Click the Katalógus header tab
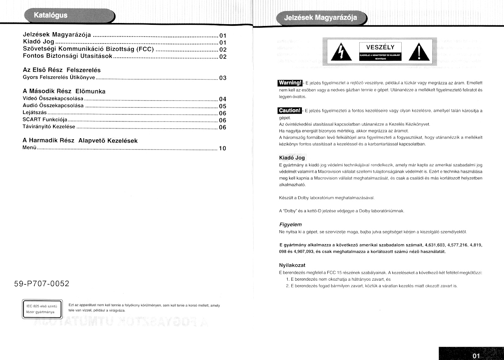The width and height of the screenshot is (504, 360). [51, 15]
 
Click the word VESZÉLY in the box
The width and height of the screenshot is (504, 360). [380, 48]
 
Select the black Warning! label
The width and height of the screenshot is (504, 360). [290, 83]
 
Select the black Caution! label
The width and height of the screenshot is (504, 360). [289, 110]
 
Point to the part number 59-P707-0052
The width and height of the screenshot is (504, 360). [42, 284]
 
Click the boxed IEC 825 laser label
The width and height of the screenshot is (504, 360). [42, 309]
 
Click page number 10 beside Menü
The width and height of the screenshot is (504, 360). [222, 148]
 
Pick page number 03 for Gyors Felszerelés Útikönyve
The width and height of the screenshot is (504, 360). [223, 78]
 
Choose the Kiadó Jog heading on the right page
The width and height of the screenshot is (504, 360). [292, 158]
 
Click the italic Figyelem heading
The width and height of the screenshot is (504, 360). [290, 224]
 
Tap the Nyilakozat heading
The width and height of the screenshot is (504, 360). [292, 265]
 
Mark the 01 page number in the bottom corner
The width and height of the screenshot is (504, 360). [475, 356]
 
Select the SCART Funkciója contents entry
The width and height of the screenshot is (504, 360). [45, 120]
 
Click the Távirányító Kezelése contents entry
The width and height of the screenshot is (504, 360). [49, 126]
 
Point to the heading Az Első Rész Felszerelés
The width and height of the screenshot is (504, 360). [61, 70]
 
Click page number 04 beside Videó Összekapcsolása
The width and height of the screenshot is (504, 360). [223, 99]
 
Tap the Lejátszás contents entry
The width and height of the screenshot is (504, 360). [35, 113]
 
